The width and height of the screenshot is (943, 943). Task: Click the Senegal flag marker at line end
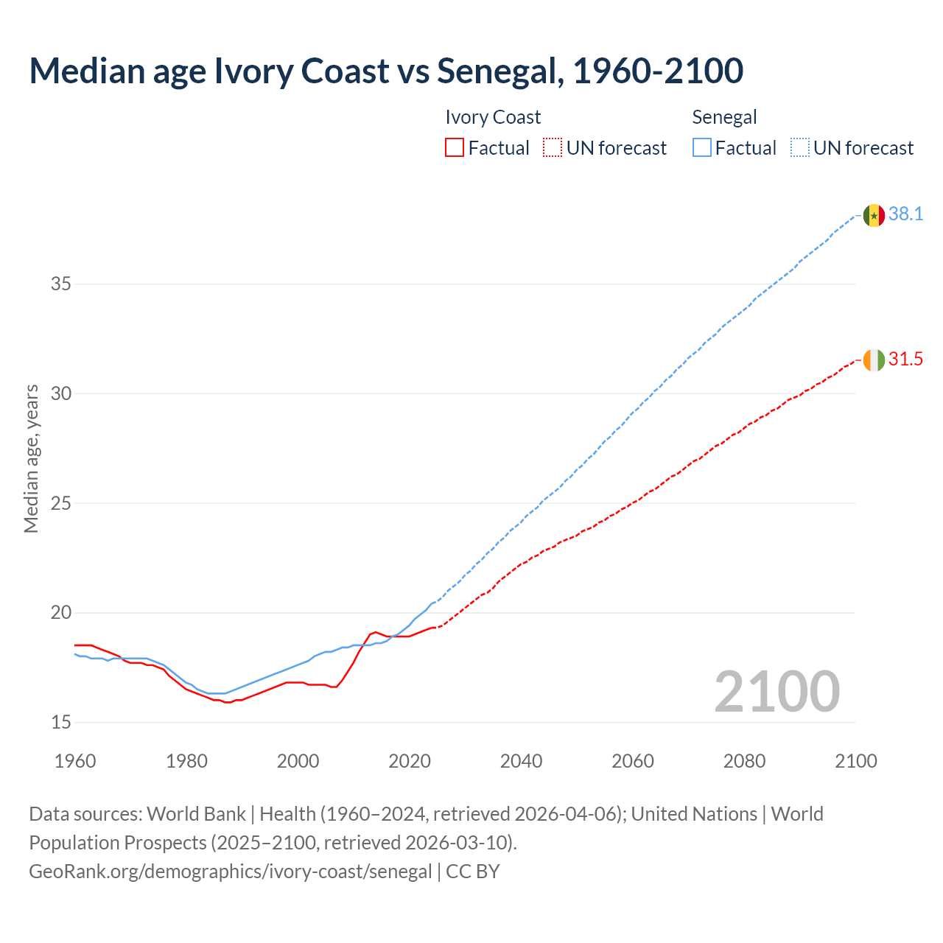point(874,215)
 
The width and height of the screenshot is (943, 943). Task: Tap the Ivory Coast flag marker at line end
point(874,360)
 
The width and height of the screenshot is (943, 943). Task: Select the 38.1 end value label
point(905,214)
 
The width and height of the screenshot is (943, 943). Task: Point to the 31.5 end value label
point(905,360)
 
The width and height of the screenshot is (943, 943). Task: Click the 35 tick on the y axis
point(60,284)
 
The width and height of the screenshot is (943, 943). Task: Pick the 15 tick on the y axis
point(60,723)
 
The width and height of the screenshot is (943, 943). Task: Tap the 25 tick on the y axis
point(60,504)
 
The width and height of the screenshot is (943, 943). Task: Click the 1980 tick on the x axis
point(186,761)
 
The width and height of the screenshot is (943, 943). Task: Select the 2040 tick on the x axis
point(521,761)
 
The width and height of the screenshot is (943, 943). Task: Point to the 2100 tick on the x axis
point(855,761)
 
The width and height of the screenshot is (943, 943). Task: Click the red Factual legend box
point(455,148)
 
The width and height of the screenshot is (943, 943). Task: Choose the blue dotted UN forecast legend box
point(800,148)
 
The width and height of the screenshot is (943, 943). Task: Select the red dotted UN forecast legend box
point(553,148)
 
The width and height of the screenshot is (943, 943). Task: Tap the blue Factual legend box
point(702,148)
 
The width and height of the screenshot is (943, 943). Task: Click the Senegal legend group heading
point(724,118)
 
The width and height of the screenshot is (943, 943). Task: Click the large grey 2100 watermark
point(777,691)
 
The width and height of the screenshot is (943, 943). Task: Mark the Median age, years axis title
point(31,458)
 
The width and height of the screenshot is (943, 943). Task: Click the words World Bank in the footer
point(196,814)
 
